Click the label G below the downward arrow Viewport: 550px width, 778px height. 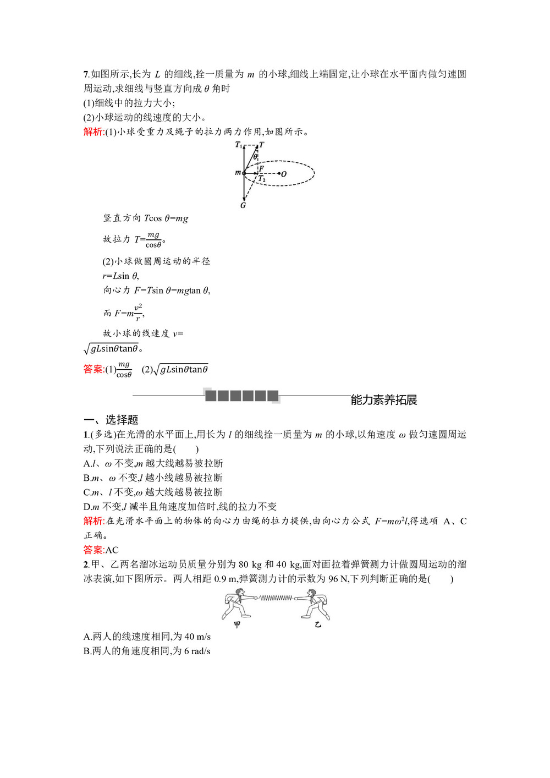[243, 205]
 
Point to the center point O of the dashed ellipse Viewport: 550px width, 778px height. [284, 174]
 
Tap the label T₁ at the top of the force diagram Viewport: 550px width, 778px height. [238, 145]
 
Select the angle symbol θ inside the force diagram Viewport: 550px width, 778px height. [255, 157]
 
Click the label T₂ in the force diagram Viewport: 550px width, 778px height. [262, 179]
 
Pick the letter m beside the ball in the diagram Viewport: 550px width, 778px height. [238, 173]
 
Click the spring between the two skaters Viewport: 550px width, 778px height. [276, 598]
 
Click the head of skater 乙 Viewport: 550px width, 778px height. [312, 594]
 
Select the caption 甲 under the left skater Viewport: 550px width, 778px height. [237, 624]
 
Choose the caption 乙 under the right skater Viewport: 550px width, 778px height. [317, 624]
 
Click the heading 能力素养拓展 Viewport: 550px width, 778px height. [384, 400]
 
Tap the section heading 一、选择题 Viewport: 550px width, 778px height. [111, 420]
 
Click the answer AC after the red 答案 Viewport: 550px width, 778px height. [112, 550]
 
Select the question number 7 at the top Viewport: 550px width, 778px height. [86, 74]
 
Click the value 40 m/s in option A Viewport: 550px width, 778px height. [197, 637]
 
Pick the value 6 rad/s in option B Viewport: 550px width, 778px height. [197, 651]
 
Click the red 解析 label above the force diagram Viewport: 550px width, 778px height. [94, 132]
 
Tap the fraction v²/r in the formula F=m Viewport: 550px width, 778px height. [138, 313]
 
